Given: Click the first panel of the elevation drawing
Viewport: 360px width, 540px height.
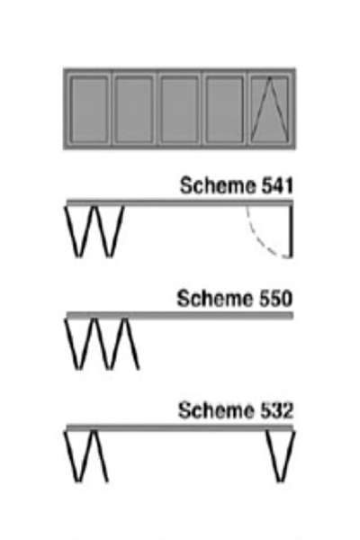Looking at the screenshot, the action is [x=88, y=110].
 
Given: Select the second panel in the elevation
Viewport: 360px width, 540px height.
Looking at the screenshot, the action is [x=134, y=110].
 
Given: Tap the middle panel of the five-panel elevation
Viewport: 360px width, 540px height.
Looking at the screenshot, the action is [x=179, y=110].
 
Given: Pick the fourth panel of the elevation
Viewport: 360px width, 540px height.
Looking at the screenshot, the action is [x=224, y=110].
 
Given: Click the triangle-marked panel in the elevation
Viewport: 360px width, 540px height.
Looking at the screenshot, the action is [x=269, y=110].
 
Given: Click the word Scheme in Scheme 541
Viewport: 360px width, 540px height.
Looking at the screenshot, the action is [x=218, y=185].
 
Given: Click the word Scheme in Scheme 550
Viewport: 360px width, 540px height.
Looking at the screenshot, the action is [x=215, y=298].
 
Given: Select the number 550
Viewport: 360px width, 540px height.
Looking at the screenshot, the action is [x=275, y=299].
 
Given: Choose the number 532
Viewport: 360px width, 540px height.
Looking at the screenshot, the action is [x=276, y=411].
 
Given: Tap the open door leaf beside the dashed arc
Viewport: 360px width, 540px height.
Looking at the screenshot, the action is [x=291, y=231].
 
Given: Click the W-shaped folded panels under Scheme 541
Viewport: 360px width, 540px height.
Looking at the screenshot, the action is [x=94, y=231].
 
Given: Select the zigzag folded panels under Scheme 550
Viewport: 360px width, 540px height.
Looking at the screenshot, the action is [x=102, y=344].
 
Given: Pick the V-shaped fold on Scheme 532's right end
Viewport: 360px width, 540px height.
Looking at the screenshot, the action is [x=281, y=456].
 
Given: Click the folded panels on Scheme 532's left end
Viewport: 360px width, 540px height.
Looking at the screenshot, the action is [x=86, y=456].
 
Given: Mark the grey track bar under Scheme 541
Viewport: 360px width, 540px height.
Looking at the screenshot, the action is [x=180, y=202].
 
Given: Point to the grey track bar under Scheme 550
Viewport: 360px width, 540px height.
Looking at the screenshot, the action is [x=180, y=315].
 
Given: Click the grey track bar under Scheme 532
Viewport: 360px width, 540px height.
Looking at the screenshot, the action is [x=180, y=427].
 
